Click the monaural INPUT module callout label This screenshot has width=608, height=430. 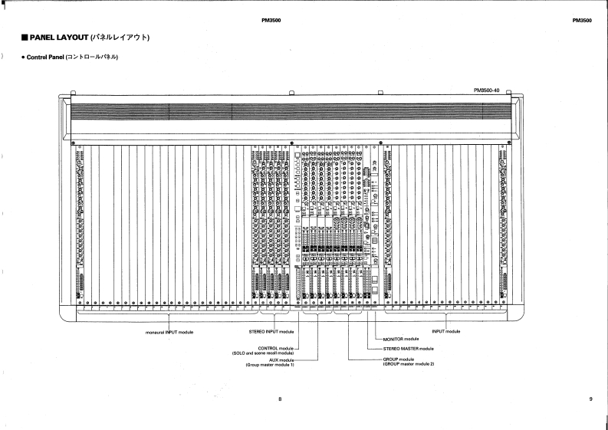coord(169,332)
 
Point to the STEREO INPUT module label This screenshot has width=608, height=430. coord(271,332)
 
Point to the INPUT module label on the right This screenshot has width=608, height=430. coord(446,331)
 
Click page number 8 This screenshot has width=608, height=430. coord(280,399)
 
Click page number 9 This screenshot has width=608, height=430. coord(590,399)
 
